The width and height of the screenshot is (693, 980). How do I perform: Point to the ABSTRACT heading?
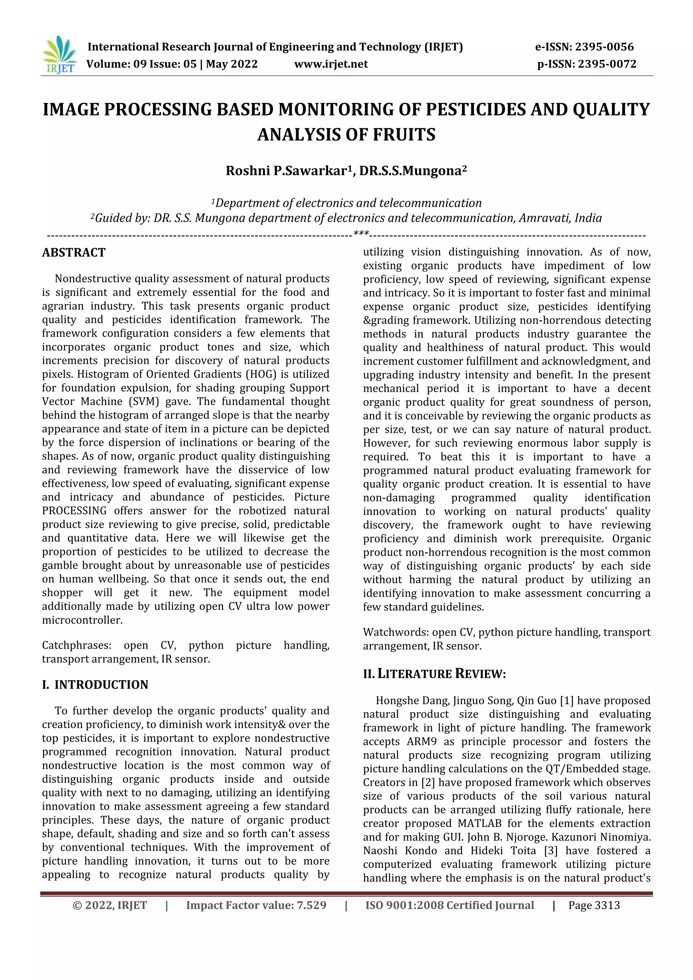73,253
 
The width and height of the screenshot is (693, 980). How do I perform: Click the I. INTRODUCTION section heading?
95,685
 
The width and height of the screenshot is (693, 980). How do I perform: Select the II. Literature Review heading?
434,674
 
